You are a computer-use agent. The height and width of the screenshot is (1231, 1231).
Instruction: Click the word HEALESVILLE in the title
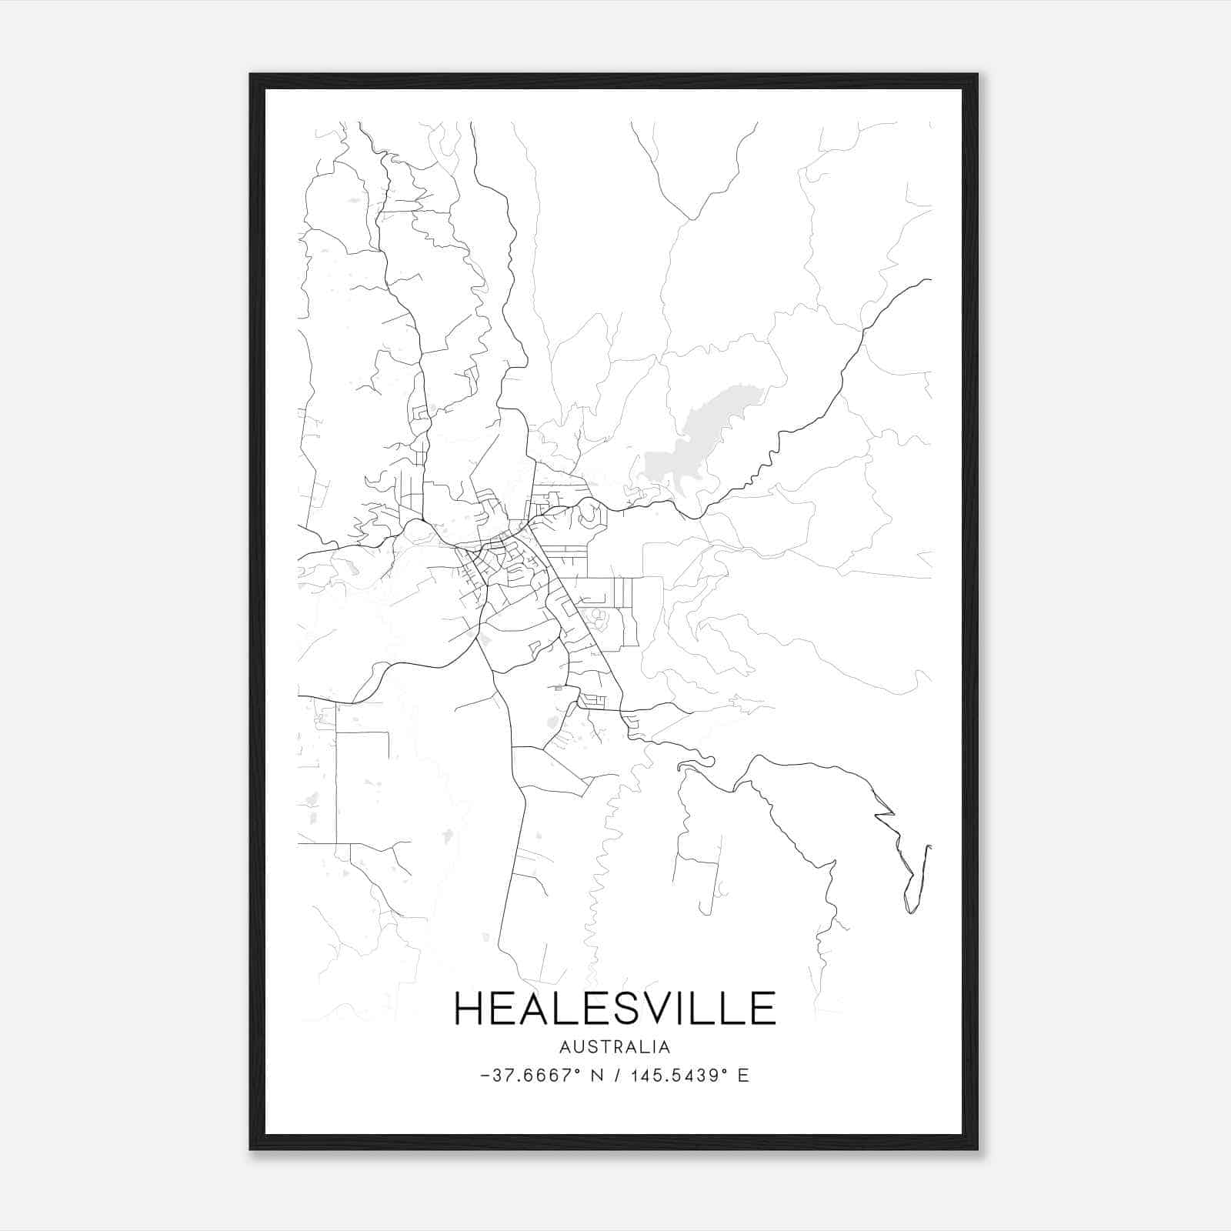coord(615,1008)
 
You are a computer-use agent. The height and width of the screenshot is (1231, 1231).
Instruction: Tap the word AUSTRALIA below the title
coord(615,1047)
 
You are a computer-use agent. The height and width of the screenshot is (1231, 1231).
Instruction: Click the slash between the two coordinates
coord(618,1076)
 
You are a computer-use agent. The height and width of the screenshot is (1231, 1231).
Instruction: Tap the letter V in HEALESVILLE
coord(653,1008)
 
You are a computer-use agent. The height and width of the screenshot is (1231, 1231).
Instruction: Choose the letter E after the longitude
coord(743,1076)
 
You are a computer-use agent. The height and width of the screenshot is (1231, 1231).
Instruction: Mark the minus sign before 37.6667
coord(484,1076)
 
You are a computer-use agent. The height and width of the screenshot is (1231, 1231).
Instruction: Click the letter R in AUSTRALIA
coord(620,1047)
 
